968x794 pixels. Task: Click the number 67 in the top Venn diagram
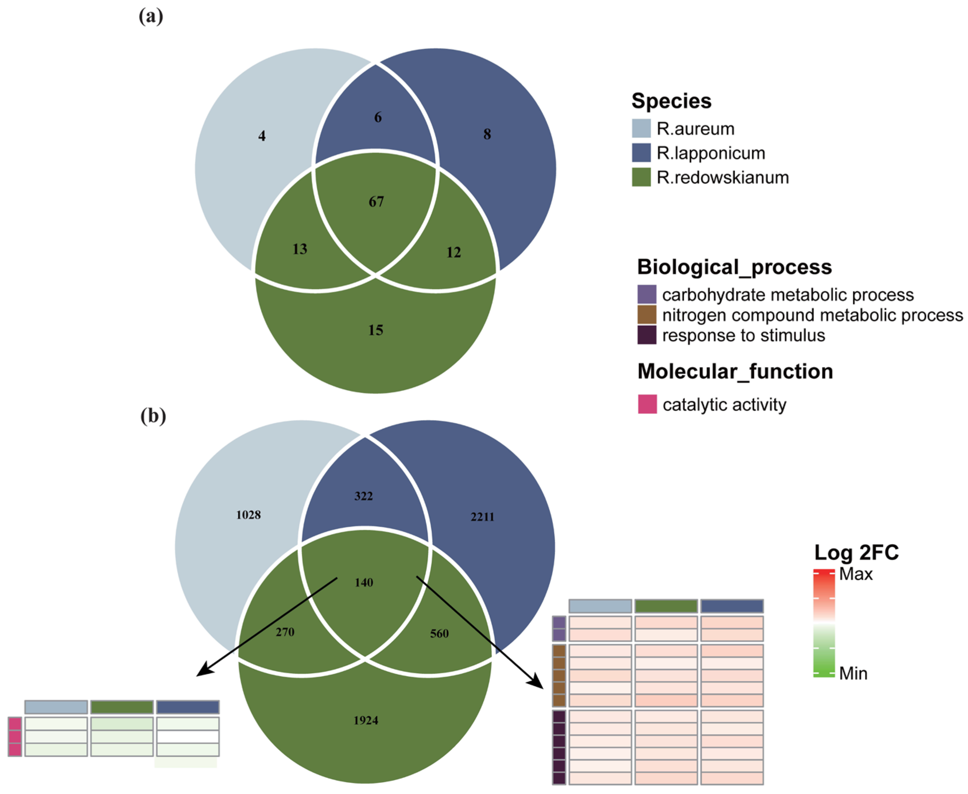pos(376,202)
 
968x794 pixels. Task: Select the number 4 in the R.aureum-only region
pos(262,136)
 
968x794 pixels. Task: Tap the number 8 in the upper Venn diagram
pos(487,134)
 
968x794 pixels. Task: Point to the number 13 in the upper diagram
pos(300,249)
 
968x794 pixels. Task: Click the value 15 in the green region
pos(376,330)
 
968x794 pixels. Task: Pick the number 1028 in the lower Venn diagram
pos(248,515)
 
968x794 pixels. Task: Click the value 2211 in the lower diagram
pos(482,517)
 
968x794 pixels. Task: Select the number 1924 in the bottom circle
pos(366,721)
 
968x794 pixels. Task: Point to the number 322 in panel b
pos(364,496)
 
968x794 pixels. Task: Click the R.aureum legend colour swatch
pos(641,129)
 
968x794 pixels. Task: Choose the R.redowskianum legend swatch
pos(641,177)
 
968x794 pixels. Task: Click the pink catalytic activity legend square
pos(647,404)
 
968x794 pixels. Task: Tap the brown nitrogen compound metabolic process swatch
pos(646,315)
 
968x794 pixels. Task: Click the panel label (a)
pos(151,17)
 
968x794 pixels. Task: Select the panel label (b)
pos(153,416)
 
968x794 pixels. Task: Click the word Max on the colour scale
pos(855,574)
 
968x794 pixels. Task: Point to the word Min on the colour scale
pos(853,674)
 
